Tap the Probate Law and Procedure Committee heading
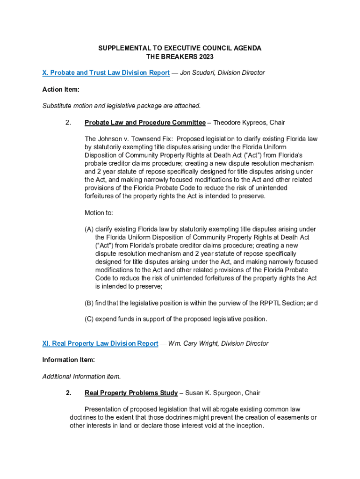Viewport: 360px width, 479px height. coord(145,123)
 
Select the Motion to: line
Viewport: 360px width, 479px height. coord(99,213)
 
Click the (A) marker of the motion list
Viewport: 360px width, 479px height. coord(89,229)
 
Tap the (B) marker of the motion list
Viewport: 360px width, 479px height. coord(89,303)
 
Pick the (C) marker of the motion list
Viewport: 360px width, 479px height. coord(89,319)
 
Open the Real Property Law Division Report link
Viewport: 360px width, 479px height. coord(100,343)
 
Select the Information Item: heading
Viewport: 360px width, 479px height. coord(69,360)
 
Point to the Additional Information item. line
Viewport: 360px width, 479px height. coord(81,376)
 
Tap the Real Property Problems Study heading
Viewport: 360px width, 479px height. coord(131,392)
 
